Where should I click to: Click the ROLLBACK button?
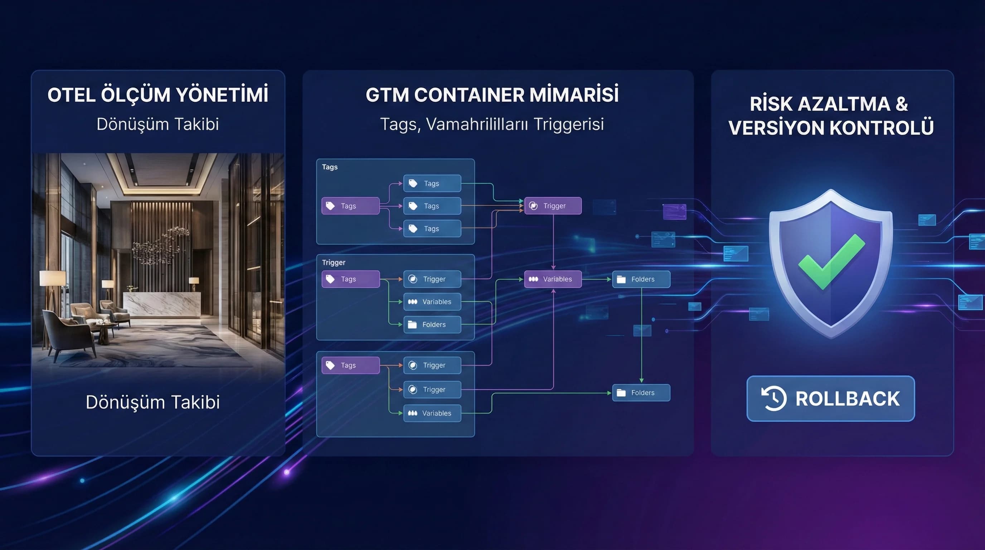click(830, 399)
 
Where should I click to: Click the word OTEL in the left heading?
click(71, 95)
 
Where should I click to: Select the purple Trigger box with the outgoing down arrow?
click(553, 206)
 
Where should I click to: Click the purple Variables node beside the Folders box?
click(553, 279)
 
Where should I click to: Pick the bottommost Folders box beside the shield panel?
click(641, 393)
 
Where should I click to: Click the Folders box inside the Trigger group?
click(432, 325)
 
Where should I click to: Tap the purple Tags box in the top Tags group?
click(350, 206)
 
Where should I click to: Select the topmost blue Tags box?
click(432, 184)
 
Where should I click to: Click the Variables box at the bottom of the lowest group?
click(432, 414)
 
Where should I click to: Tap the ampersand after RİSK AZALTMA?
click(902, 104)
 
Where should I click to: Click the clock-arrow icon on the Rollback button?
click(774, 399)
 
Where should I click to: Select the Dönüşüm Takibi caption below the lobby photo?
click(152, 402)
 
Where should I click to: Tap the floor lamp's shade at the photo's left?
click(52, 278)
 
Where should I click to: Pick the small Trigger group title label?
click(334, 262)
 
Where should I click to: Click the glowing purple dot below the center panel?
click(287, 472)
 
